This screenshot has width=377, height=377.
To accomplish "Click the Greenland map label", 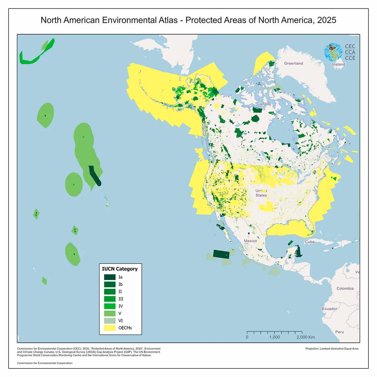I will click(293, 63).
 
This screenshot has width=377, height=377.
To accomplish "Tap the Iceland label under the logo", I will click(338, 64).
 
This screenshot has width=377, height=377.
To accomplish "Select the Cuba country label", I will click(309, 242).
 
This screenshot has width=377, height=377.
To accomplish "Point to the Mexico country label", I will click(250, 241).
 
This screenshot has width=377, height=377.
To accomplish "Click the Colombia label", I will click(345, 288).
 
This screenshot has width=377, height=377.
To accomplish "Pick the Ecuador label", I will click(329, 309).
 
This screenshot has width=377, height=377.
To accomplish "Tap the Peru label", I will click(339, 332).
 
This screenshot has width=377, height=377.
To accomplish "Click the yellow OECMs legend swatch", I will click(110, 328).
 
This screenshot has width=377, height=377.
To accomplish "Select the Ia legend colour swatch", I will click(110, 277).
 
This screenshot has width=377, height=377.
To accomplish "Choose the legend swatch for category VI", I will click(110, 321).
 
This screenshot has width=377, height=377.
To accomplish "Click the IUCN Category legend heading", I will click(120, 269).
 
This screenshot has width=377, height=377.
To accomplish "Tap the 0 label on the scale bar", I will click(247, 337).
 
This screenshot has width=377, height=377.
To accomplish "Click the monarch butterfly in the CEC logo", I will click(332, 48).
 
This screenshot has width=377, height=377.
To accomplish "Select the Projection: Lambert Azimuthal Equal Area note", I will click(331, 349).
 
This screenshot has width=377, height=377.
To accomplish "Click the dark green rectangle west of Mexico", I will click(221, 254).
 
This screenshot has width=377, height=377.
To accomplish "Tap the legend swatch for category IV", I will click(110, 306).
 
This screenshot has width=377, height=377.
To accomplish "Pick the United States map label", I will click(261, 193).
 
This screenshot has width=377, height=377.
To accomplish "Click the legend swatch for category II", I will click(110, 292).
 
